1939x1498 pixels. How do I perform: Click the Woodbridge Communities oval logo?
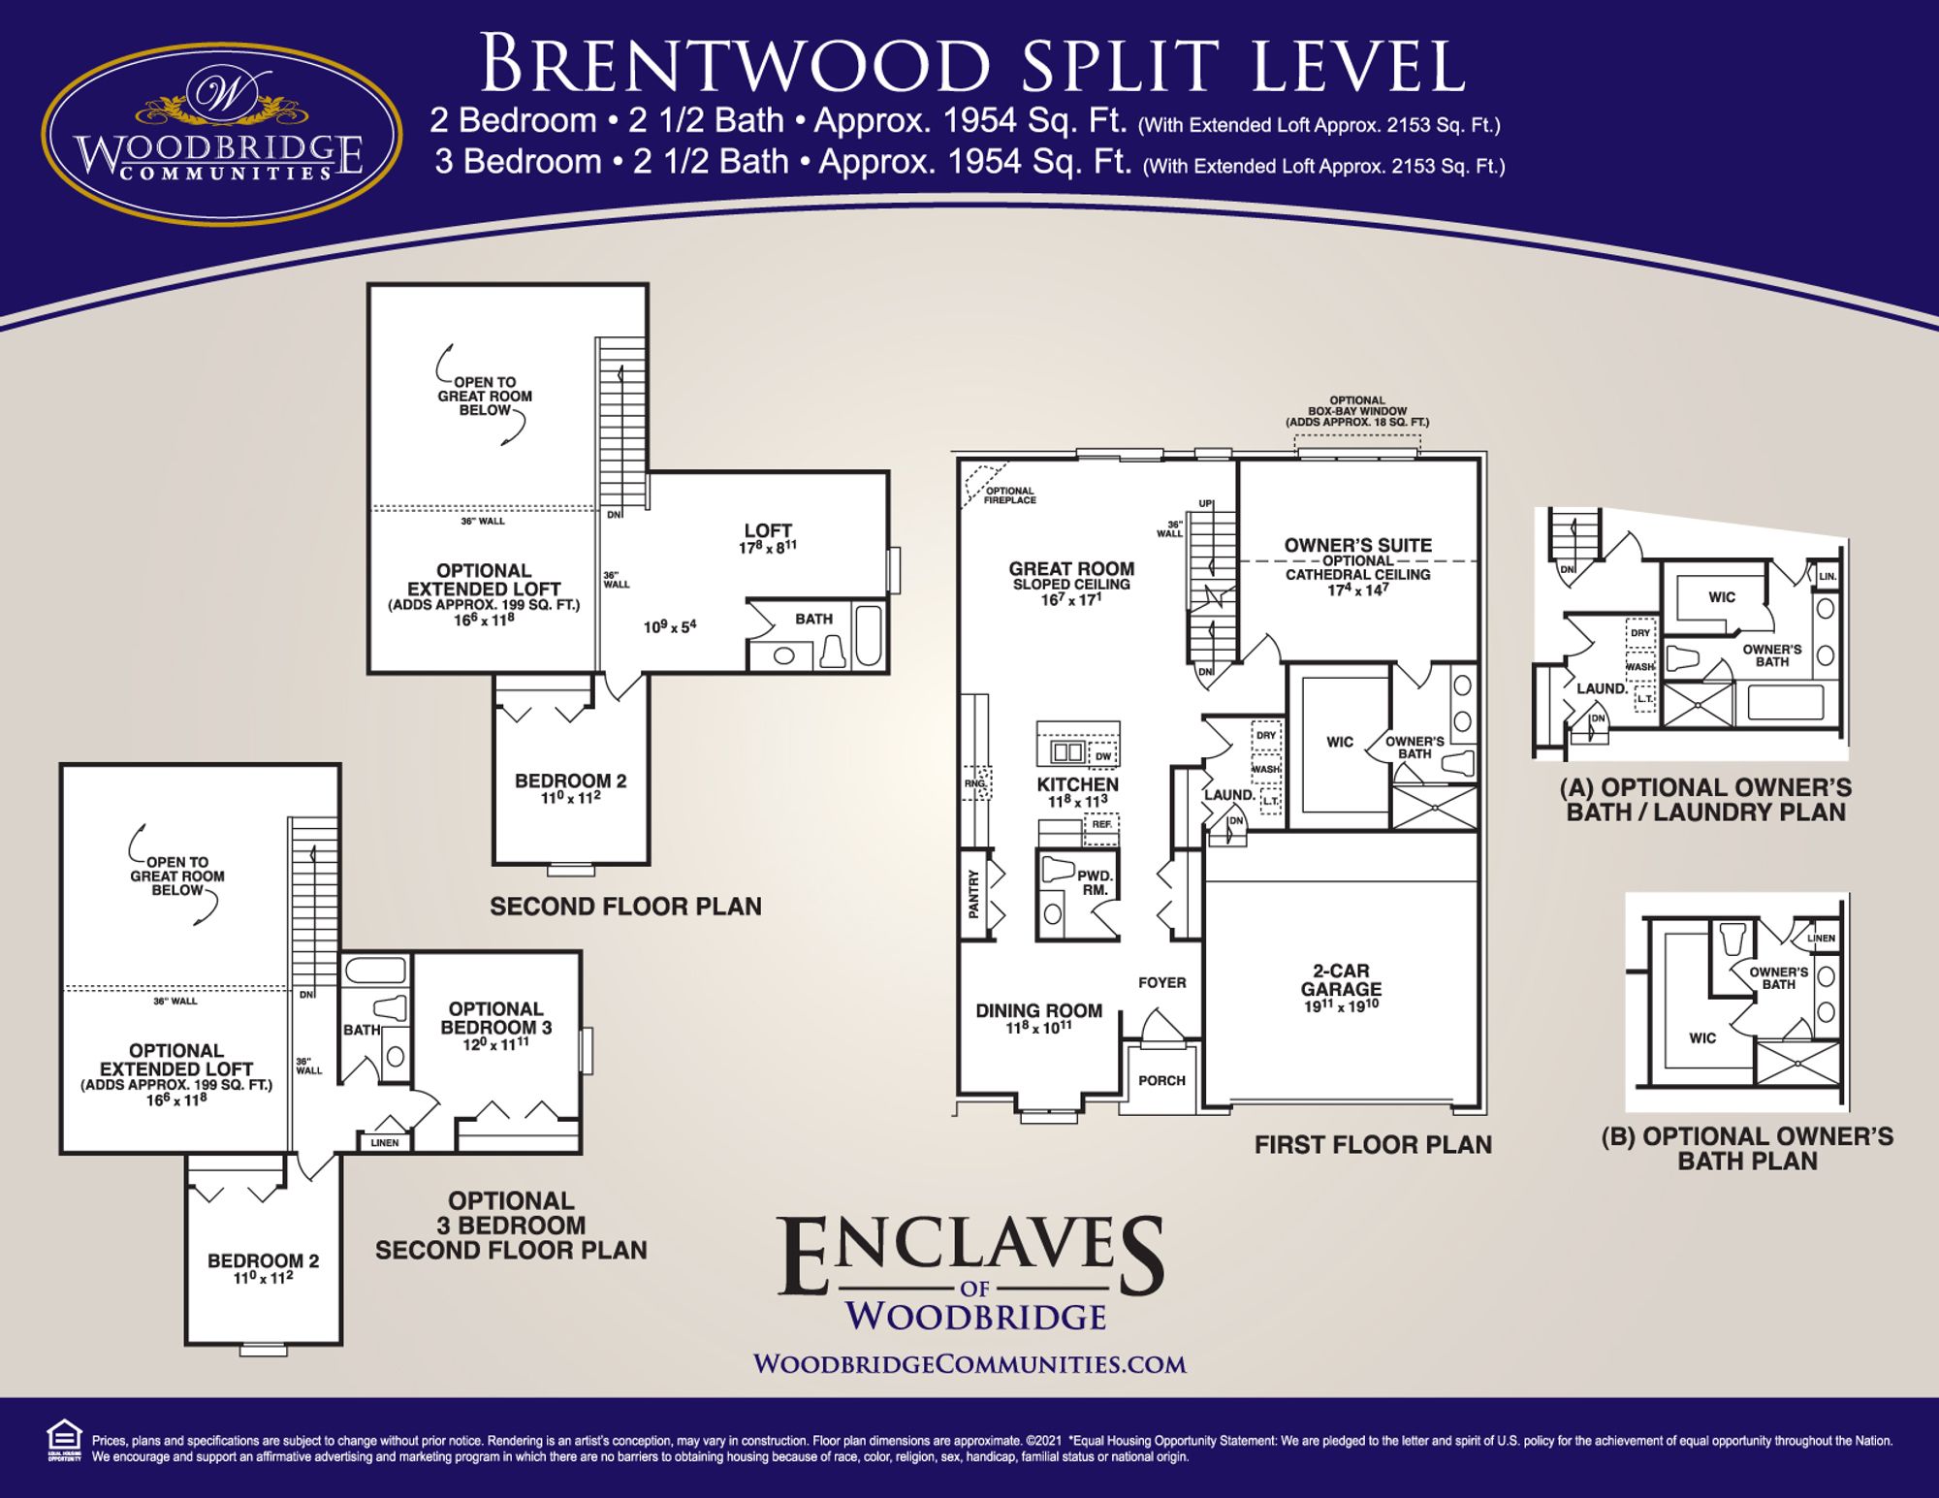[222, 120]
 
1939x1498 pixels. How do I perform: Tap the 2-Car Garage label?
[1341, 980]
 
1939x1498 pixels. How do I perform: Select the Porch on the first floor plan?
[1161, 1080]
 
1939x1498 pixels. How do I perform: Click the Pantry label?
[974, 894]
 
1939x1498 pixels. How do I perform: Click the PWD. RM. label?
[1095, 882]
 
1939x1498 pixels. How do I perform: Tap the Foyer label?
[1161, 982]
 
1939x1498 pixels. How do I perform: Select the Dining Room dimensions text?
[1038, 1028]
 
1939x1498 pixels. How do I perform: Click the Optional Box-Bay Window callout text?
[1356, 412]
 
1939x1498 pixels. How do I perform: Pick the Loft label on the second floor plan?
[768, 530]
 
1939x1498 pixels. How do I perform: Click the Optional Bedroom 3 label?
[495, 1018]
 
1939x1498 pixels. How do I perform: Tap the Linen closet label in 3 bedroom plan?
[384, 1142]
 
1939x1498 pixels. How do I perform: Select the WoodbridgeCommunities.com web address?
[969, 1364]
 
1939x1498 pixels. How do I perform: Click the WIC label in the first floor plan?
[1339, 742]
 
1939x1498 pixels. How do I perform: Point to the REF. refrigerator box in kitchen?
[1101, 825]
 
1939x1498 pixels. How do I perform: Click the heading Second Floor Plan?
[625, 907]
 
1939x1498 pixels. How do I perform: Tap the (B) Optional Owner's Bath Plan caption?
[1746, 1148]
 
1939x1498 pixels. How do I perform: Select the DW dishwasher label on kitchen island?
[1102, 756]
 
